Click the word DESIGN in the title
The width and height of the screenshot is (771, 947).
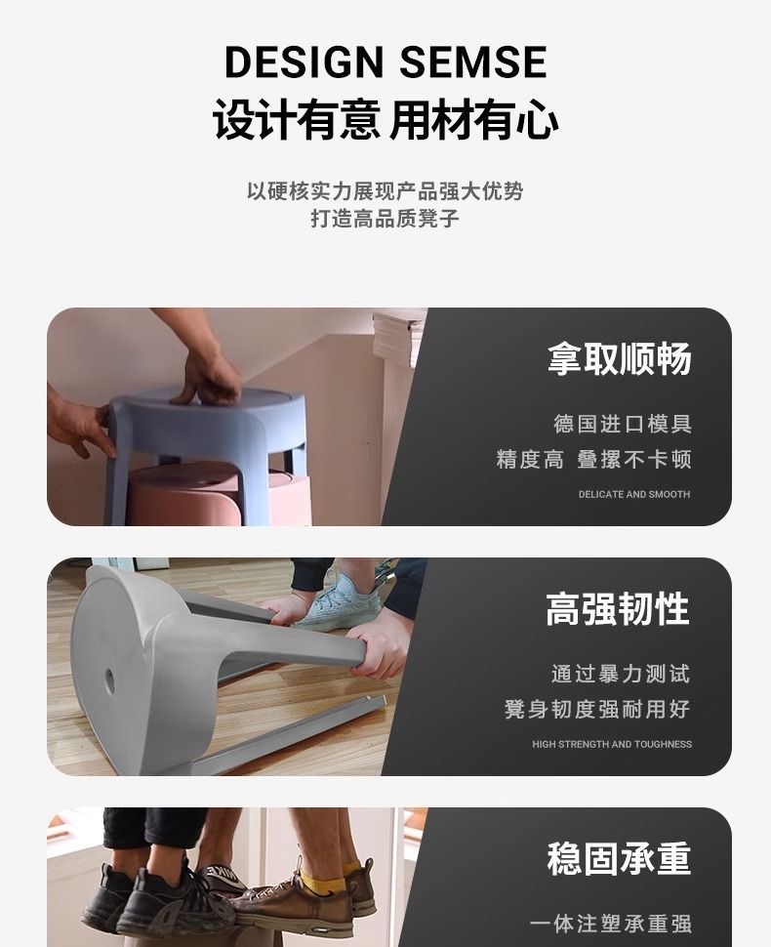tap(304, 61)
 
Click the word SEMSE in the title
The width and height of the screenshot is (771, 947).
tap(473, 61)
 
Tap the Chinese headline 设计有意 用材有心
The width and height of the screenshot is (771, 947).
tap(385, 119)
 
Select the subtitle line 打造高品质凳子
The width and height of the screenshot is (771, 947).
tap(385, 218)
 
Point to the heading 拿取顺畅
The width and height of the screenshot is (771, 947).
tap(620, 358)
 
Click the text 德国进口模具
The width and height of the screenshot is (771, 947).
tap(623, 424)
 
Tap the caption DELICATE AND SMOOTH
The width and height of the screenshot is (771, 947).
tap(634, 494)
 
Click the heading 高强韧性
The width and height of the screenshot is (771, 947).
tap(618, 609)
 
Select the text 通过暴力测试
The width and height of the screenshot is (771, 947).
tap(621, 674)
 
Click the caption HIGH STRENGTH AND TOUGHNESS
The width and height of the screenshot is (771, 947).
tap(612, 744)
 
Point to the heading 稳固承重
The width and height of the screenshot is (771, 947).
tap(619, 858)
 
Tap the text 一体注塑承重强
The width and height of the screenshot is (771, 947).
tap(610, 924)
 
